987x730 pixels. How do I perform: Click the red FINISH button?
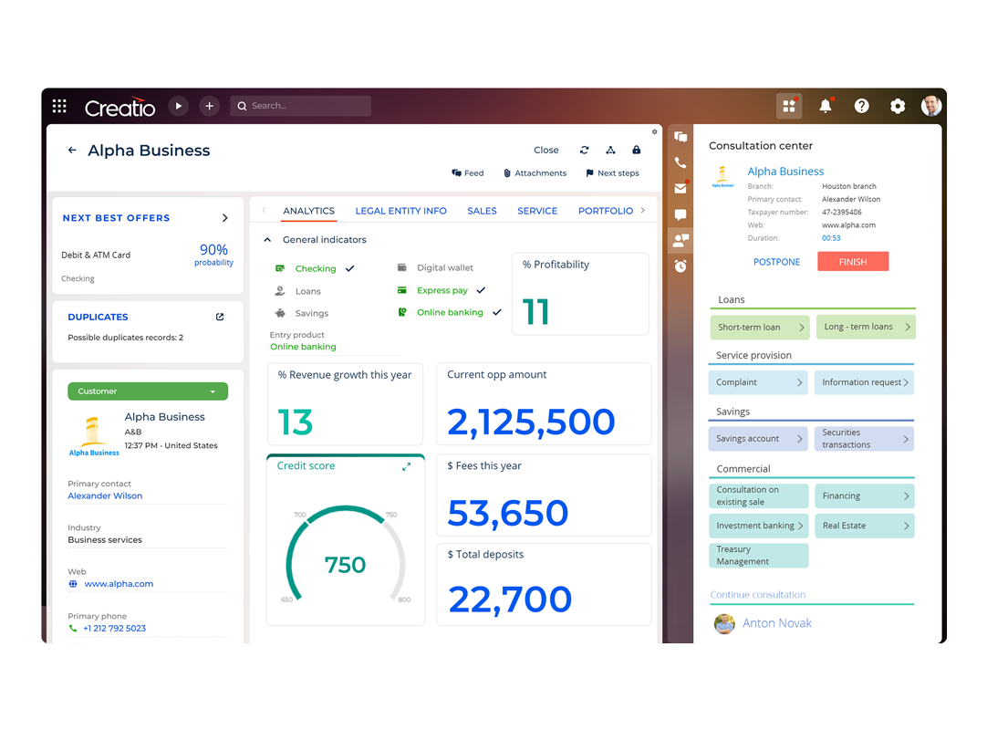[852, 262]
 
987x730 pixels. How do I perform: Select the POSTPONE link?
[776, 262]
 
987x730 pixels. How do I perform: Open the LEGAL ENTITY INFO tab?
[400, 211]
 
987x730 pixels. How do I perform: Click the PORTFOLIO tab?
[605, 211]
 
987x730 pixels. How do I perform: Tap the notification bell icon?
[825, 106]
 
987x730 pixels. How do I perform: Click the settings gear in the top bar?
[897, 106]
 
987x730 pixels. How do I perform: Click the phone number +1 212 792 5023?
[114, 628]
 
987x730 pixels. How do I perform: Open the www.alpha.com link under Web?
[119, 584]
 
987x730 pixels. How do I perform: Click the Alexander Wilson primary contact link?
[105, 495]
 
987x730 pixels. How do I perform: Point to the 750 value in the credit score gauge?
[345, 565]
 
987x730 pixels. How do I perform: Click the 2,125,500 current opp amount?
[531, 422]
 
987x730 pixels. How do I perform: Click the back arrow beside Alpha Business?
[72, 151]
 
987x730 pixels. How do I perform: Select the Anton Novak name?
[776, 623]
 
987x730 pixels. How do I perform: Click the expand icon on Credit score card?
[406, 466]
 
